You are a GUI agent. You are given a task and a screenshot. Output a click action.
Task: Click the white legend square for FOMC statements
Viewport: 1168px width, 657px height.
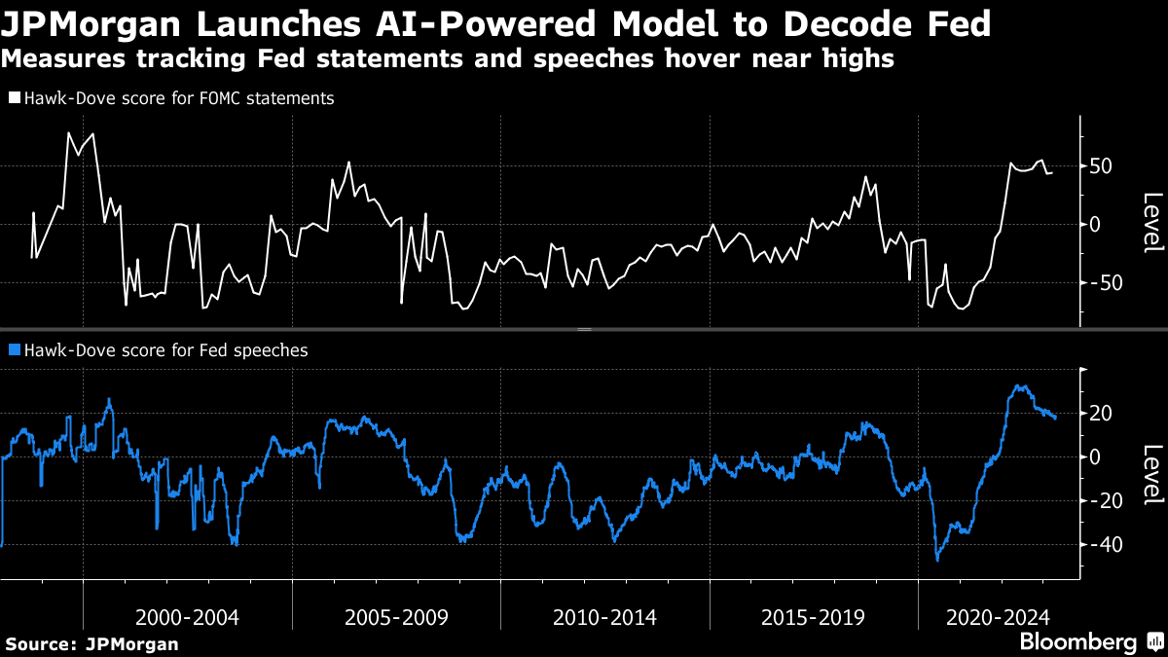(x=14, y=98)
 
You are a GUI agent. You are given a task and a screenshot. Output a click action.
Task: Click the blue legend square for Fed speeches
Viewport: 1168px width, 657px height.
(x=14, y=350)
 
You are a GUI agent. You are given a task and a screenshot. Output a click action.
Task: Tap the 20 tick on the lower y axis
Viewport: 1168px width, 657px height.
(x=1101, y=414)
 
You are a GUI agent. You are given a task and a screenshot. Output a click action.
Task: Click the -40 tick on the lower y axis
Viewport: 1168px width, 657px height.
(x=1101, y=545)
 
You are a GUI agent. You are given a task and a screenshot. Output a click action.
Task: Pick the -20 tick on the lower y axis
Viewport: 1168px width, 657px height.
(x=1101, y=501)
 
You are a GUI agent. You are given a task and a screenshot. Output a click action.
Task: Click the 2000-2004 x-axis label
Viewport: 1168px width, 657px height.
(x=187, y=617)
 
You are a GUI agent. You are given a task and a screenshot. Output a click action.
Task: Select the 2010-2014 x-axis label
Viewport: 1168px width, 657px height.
(x=604, y=617)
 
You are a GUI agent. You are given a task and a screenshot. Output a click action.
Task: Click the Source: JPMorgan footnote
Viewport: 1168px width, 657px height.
(x=91, y=643)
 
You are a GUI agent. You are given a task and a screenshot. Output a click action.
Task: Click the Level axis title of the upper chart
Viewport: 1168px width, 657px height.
(x=1152, y=223)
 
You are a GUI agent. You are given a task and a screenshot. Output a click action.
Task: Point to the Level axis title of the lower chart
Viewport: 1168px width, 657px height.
(x=1152, y=475)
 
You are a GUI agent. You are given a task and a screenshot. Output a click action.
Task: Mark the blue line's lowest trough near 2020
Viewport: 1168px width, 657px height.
(x=938, y=559)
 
